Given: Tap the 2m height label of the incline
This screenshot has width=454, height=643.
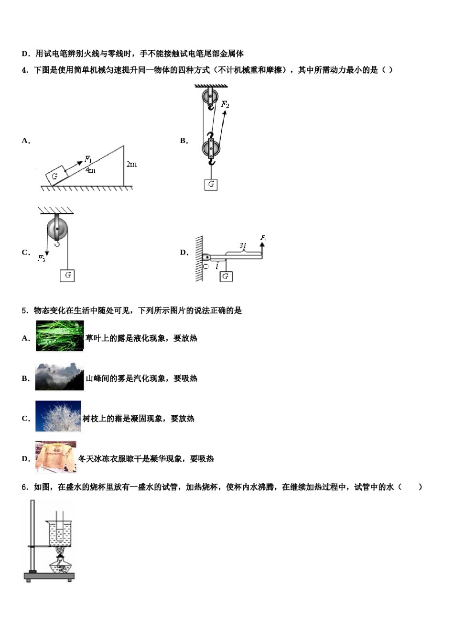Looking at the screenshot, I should point(131,164).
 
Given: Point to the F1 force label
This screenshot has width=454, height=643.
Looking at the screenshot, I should point(88,159).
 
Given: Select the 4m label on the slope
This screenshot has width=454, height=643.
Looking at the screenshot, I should point(90,170).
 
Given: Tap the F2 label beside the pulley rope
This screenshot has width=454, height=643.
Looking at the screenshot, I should point(225,104).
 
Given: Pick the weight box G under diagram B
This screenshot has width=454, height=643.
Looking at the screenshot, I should point(211,184).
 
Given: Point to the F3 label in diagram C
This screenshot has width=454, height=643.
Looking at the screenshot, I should point(42,258).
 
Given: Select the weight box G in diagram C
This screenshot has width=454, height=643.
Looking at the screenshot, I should point(67,275).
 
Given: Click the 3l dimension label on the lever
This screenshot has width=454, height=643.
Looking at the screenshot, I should point(243,245).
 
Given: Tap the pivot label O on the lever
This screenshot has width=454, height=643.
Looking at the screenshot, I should point(206,266).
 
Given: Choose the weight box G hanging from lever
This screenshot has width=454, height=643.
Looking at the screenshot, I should point(226,276).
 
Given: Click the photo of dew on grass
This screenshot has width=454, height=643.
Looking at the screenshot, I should point(60,336).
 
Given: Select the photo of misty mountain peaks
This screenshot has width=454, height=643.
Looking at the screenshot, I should point(60,377).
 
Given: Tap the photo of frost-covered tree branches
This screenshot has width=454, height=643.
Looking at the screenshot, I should point(58,417).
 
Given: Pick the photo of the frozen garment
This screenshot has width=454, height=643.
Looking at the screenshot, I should point(56,456).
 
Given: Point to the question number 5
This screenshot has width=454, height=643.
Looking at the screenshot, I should point(24,310).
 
